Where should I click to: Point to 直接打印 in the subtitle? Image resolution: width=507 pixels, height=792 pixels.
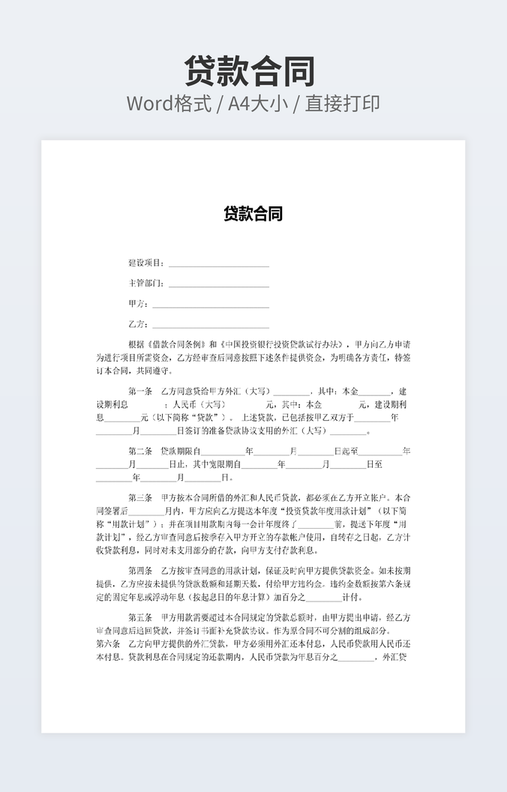pos(343,104)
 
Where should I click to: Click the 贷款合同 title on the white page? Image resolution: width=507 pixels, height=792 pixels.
pos(253,214)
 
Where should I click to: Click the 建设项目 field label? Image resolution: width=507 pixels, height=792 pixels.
pos(145,263)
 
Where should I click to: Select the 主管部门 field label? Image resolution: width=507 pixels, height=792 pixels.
pos(145,283)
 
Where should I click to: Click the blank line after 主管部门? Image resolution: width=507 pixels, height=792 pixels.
pos(218,286)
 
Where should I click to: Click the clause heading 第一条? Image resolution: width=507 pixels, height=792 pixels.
pos(140,391)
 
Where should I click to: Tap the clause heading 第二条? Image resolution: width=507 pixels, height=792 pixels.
pos(140,451)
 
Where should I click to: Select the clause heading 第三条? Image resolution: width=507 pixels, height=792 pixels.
pos(140,498)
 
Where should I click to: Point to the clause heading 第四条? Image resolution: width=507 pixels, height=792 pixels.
pos(140,571)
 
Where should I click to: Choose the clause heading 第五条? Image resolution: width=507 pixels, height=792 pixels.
pos(140,618)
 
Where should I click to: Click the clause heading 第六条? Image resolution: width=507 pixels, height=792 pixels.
pos(108,644)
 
